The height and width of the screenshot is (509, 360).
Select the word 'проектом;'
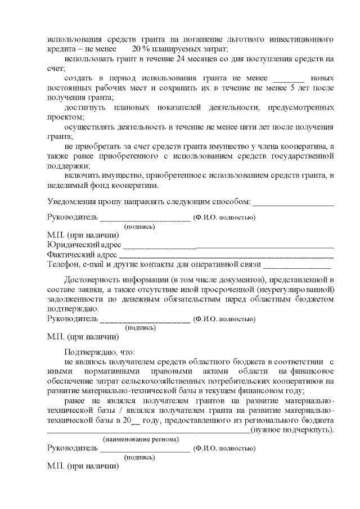pyautogui.click(x=65, y=118)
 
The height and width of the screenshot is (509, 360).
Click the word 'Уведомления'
pyautogui.click(x=73, y=201)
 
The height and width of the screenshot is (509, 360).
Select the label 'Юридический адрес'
pyautogui.click(x=84, y=245)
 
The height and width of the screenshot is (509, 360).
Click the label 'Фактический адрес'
pyautogui.click(x=82, y=254)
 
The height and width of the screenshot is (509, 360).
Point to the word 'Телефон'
pyautogui.click(x=62, y=263)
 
